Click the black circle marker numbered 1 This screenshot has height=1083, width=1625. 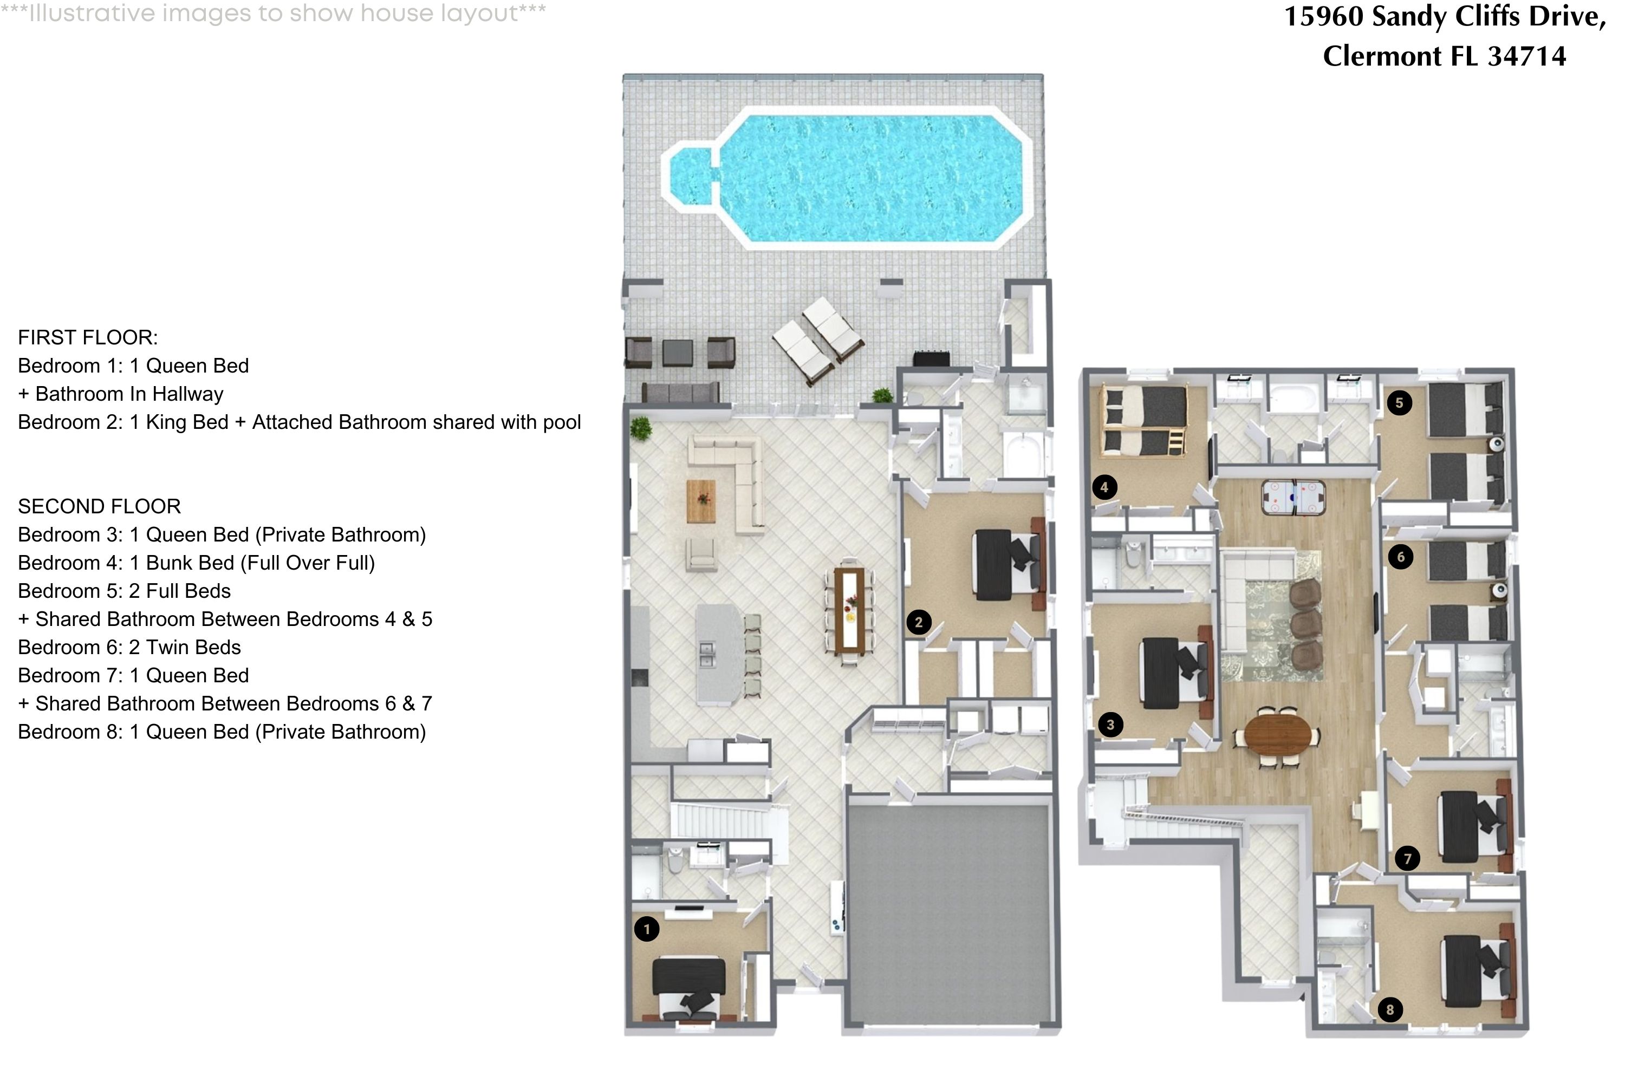(647, 929)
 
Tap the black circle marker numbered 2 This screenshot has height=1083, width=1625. (918, 622)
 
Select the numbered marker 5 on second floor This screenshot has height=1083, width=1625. (1399, 403)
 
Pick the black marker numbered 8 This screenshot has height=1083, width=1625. (1390, 1010)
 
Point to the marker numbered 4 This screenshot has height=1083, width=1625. (1104, 488)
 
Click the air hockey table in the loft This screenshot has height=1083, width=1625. (1292, 497)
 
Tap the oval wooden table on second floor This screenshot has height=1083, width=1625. (1277, 736)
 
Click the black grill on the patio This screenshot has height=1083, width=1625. (931, 358)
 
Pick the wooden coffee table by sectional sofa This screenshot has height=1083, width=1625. (701, 501)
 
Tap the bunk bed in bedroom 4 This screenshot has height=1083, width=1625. (1143, 421)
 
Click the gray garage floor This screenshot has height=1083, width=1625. (950, 912)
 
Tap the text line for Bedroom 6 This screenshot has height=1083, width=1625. (129, 647)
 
